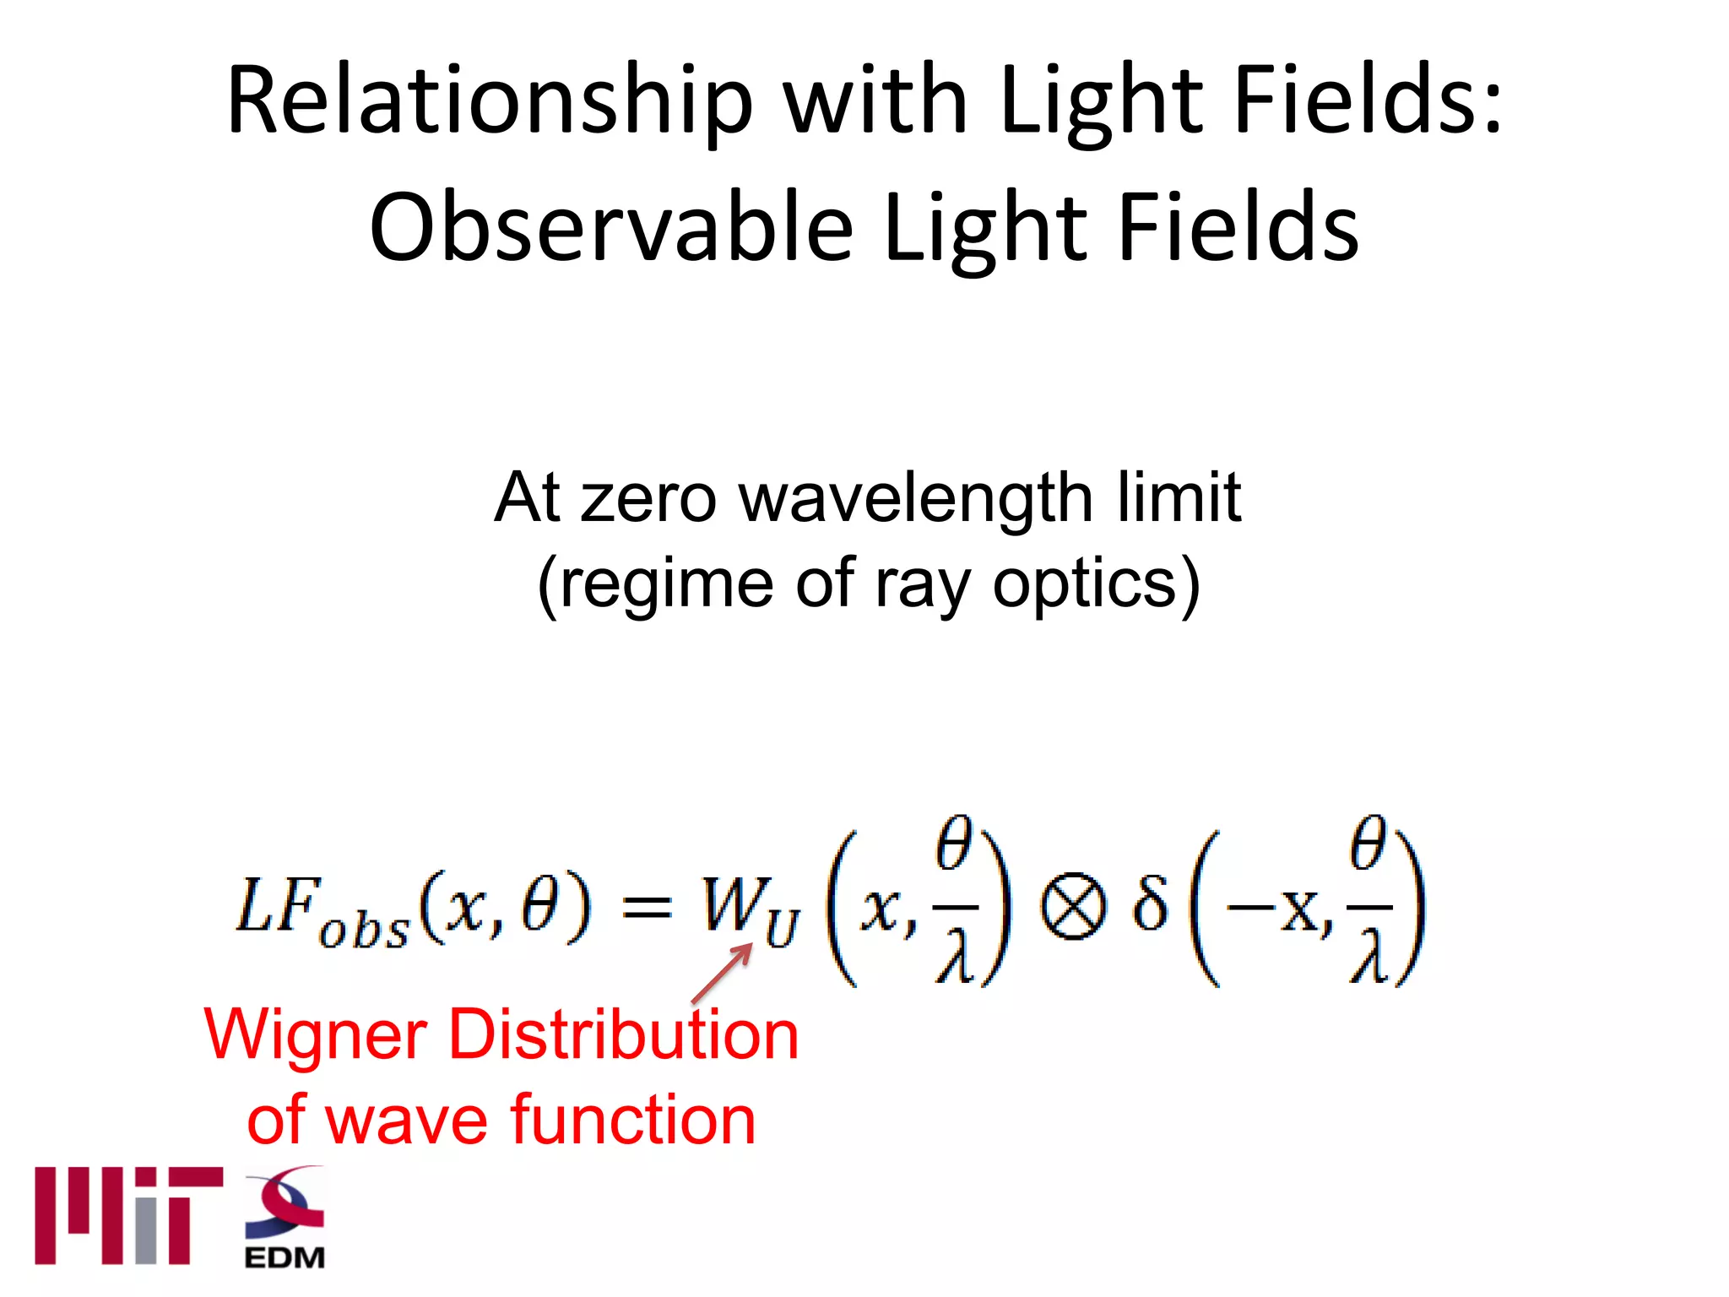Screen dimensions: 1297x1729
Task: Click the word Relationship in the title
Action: click(489, 101)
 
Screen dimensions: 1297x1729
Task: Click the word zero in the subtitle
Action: click(648, 498)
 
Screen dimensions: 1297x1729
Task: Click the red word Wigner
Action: click(316, 1035)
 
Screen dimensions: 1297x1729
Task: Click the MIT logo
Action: click(128, 1216)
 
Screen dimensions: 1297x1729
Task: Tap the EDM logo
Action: click(285, 1218)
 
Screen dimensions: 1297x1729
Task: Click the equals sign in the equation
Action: click(647, 909)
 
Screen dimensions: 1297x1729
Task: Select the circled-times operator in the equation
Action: click(1072, 909)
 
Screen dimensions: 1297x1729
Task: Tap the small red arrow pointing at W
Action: click(723, 973)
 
